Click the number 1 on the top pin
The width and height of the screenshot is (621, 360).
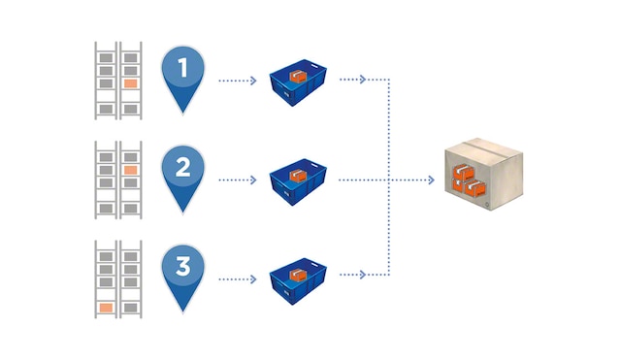point(181,67)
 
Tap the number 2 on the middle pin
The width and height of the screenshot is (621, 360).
point(181,167)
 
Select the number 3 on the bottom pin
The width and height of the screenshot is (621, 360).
point(181,264)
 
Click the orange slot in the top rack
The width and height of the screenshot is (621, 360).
point(130,83)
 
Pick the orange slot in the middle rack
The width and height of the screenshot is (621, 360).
point(130,171)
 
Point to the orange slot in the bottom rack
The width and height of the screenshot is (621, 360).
point(106,308)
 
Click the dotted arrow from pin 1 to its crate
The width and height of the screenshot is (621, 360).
point(239,81)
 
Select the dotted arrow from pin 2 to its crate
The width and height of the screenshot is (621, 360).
point(239,180)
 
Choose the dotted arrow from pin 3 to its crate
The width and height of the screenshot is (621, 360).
point(239,278)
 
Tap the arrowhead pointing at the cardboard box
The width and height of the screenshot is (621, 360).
point(430,180)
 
